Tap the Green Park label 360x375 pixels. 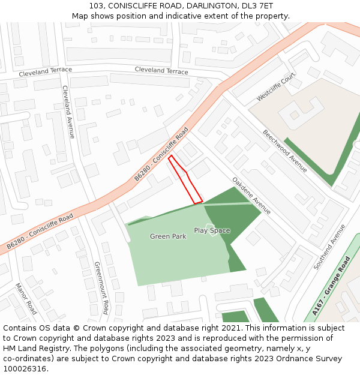click(x=168, y=236)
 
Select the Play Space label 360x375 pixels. click(x=212, y=230)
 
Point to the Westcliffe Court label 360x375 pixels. click(x=276, y=88)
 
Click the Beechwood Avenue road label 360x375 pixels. click(x=285, y=151)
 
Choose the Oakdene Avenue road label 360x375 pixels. click(x=251, y=196)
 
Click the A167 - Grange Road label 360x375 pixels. click(x=331, y=286)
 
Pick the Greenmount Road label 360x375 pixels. click(x=101, y=287)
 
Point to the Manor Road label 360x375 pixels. click(x=26, y=299)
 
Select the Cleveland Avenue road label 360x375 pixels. click(x=68, y=112)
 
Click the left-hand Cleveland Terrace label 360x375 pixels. click(x=45, y=72)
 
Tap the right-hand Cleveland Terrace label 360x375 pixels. click(x=161, y=71)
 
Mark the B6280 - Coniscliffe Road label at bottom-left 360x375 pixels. click(x=40, y=231)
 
